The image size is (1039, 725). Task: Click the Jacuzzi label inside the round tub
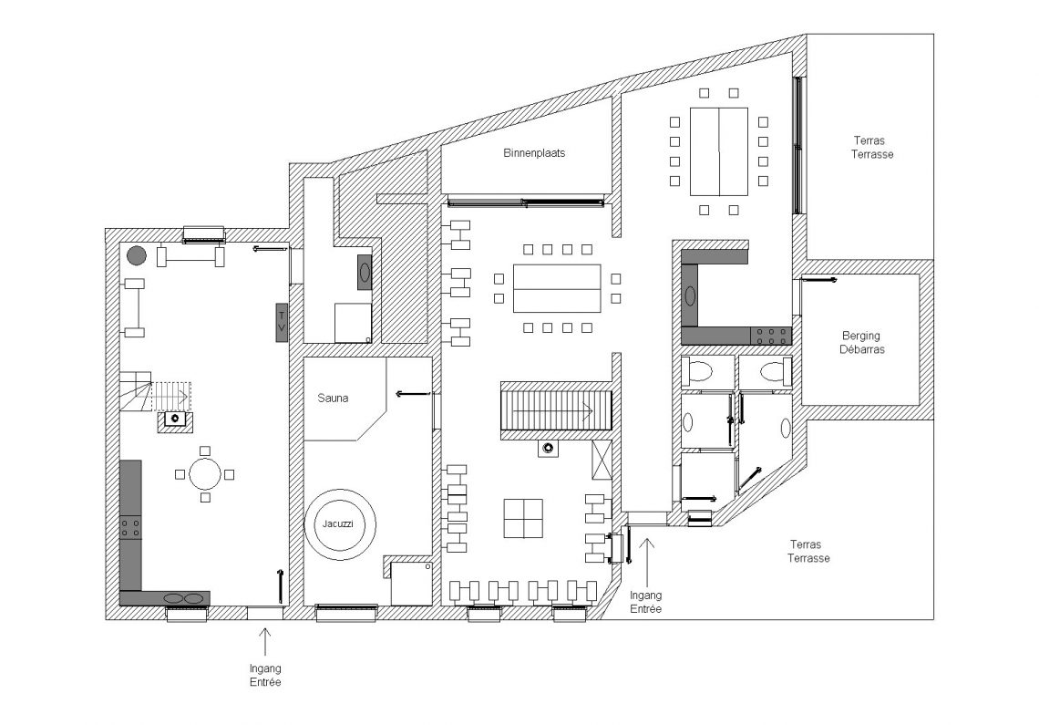pos(338,523)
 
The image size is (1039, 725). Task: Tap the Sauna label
pos(333,398)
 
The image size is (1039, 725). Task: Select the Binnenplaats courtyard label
pos(534,153)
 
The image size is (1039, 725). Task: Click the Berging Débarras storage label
pos(861,342)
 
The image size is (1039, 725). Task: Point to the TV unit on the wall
pos(282,322)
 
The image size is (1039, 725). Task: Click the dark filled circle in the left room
pos(137,255)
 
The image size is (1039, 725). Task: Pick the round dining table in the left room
pos(205,474)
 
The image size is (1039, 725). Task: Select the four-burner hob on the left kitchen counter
pos(130,528)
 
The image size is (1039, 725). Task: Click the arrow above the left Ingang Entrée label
pos(265,641)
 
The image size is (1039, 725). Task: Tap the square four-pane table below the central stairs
pos(523,519)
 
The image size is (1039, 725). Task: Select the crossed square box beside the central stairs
pos(601,459)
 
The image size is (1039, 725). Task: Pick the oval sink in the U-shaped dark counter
pos(690,295)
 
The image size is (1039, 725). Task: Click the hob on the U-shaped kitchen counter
pos(771,337)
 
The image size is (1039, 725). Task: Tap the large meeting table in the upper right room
pos(719,152)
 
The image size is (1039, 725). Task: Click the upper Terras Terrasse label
pos(871,147)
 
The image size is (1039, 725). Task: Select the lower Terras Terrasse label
pos(808,551)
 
